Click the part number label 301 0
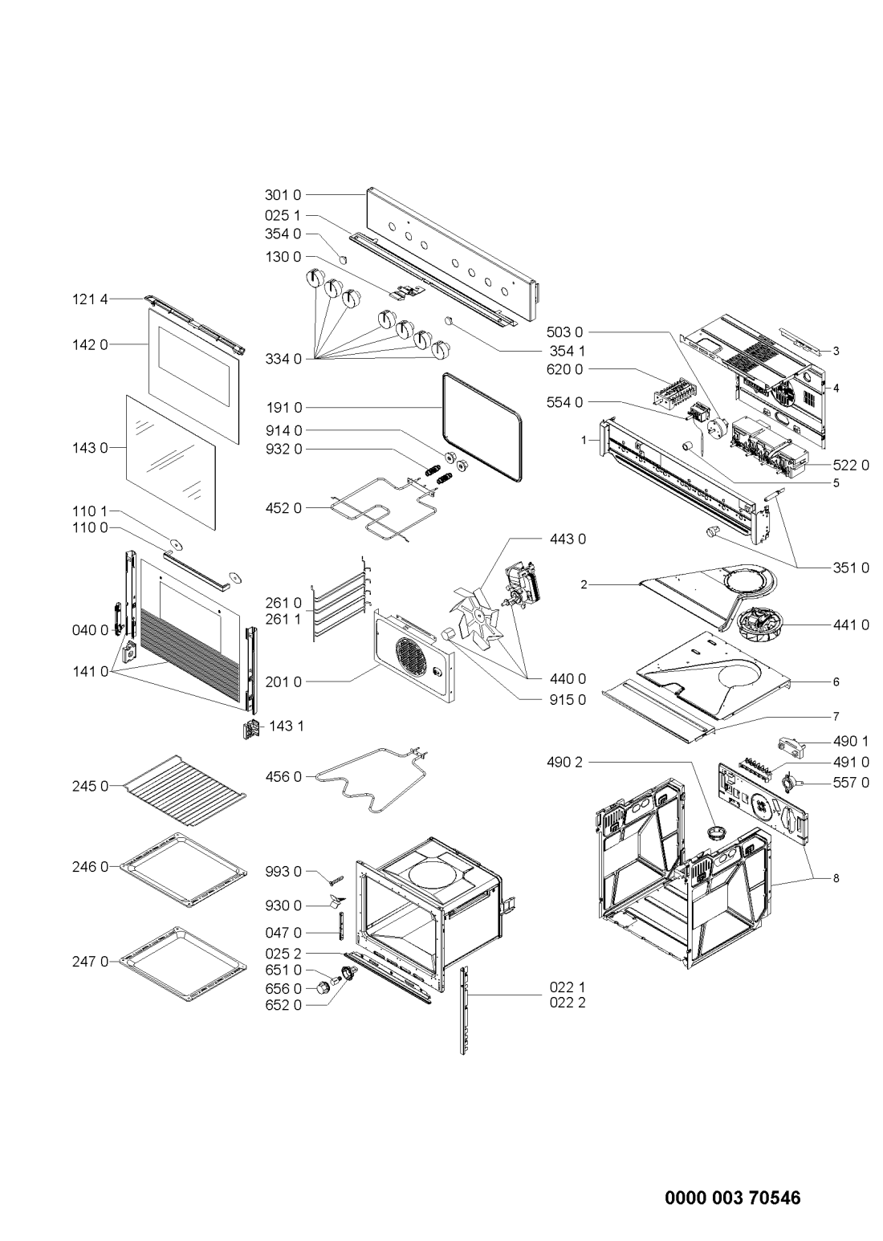[x=283, y=193]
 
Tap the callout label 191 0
[x=283, y=408]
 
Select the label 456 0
[x=283, y=776]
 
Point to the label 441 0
[x=851, y=624]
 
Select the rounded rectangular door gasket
[x=482, y=426]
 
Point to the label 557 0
[x=851, y=783]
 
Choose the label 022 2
[x=568, y=1002]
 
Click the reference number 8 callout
[x=835, y=878]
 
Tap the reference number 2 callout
[x=585, y=585]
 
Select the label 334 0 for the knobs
[x=283, y=359]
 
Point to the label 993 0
[x=283, y=871]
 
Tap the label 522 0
[x=851, y=466]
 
